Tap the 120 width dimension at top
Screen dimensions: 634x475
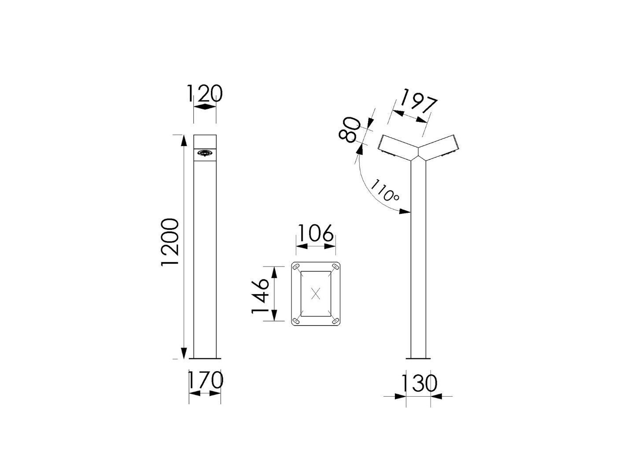[x=205, y=93]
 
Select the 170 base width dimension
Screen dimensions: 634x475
[x=205, y=380]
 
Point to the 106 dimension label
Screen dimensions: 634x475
[x=315, y=233]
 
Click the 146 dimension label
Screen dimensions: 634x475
[x=260, y=296]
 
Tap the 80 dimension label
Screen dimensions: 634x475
[x=350, y=130]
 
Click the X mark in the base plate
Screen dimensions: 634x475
[x=316, y=294]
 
